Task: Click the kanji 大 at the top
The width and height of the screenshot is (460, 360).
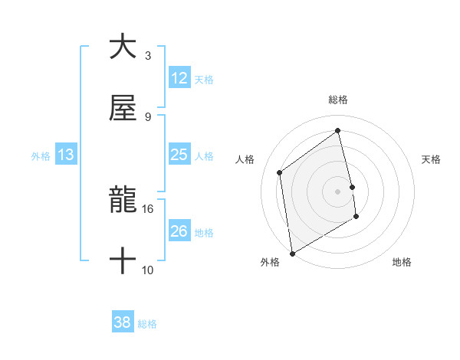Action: [x=123, y=47]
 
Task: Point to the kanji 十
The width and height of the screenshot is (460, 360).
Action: [x=123, y=261]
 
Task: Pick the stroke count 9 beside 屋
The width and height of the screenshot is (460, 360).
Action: [x=148, y=116]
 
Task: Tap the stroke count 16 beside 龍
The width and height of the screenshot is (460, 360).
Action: [x=148, y=208]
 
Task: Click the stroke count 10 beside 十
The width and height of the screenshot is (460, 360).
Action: [x=148, y=270]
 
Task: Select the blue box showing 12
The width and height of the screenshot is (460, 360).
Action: [x=179, y=78]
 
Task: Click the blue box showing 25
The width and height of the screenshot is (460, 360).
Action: [x=179, y=155]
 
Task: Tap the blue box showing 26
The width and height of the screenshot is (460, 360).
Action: [x=179, y=231]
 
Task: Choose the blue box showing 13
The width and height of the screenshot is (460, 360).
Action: [x=66, y=155]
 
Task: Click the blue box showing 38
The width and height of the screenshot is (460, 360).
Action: [x=123, y=323]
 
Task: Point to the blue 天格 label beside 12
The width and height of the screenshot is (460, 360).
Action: [x=204, y=80]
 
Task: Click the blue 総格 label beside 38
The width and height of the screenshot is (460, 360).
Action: [x=147, y=324]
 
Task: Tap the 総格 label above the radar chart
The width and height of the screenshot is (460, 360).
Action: [x=338, y=100]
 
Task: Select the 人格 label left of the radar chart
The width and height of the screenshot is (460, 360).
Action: [x=245, y=159]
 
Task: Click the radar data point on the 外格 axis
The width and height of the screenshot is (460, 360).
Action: [x=292, y=252]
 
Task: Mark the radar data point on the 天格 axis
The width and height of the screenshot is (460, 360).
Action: [x=352, y=186]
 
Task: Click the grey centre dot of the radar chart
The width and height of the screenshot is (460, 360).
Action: [x=338, y=191]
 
